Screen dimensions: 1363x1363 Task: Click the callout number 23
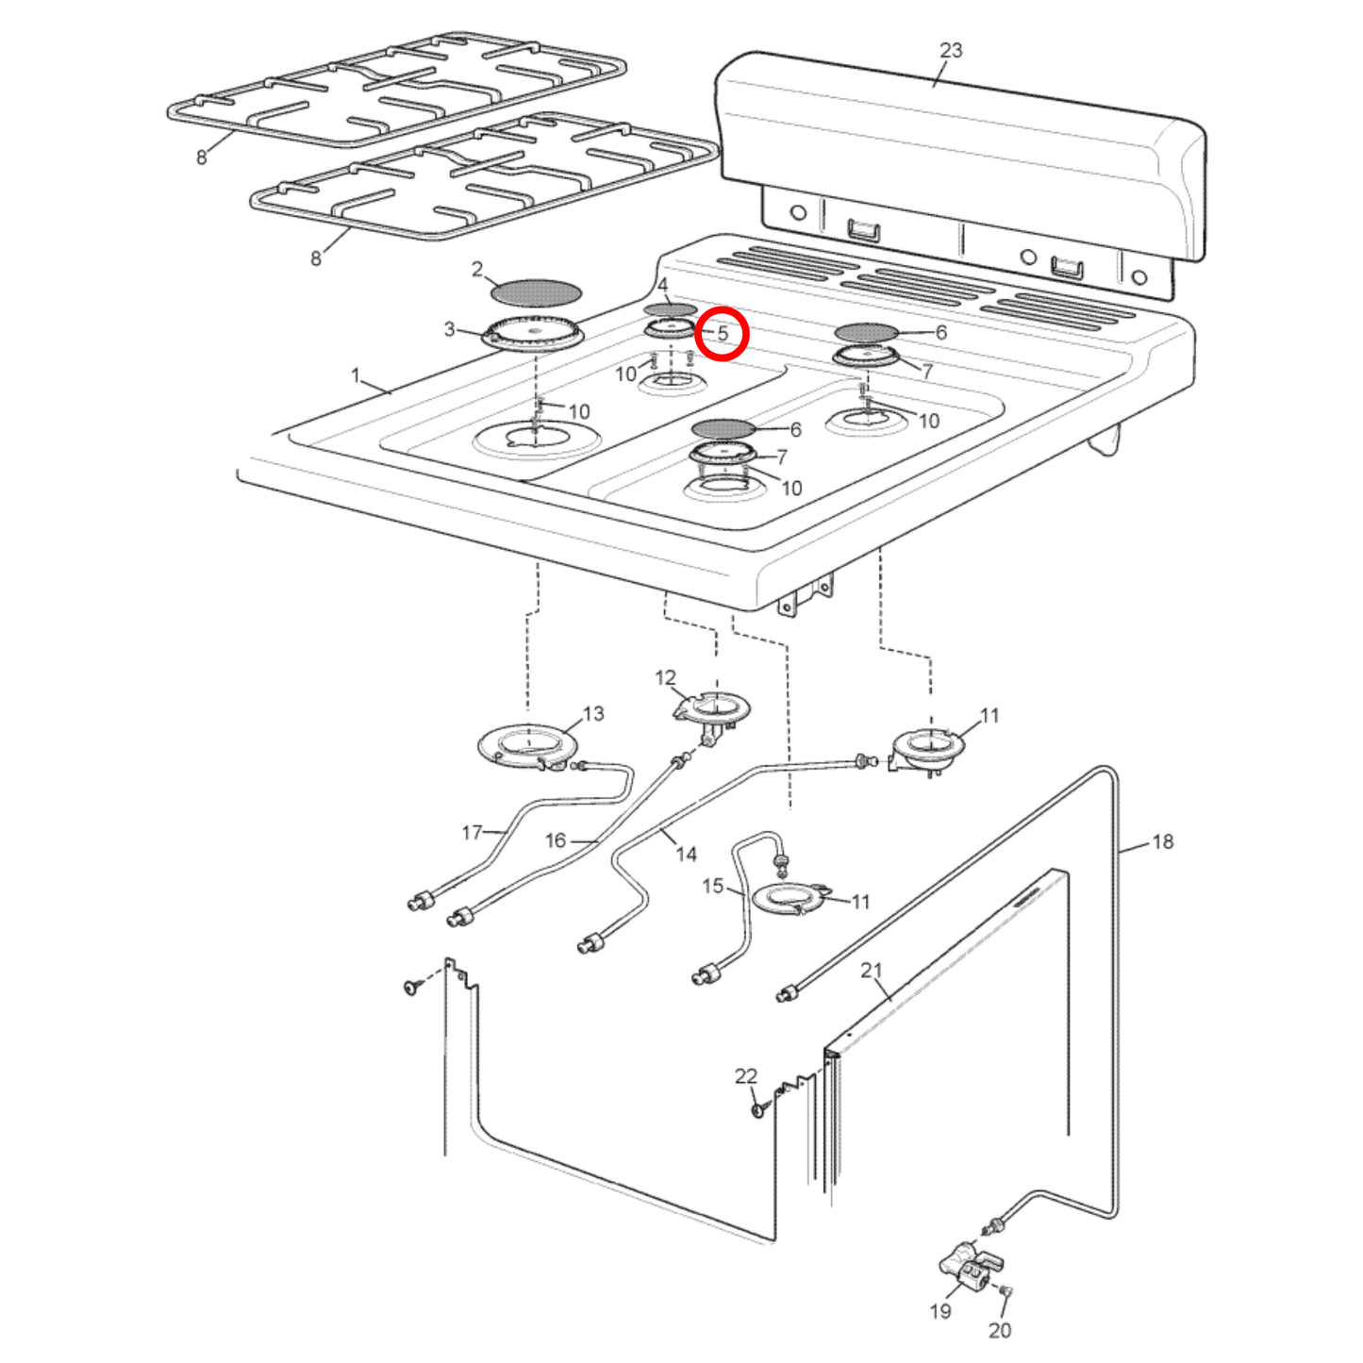point(951,50)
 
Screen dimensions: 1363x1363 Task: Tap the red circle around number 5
point(722,333)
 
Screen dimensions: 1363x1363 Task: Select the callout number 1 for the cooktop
point(356,375)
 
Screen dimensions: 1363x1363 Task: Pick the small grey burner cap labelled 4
point(670,309)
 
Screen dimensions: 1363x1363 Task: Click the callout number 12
point(665,677)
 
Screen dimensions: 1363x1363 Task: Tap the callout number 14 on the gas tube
point(686,854)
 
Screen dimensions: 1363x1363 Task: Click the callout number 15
point(713,886)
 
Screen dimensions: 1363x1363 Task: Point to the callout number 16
point(556,839)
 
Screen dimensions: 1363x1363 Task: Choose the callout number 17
point(473,832)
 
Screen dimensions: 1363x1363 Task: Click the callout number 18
point(1162,841)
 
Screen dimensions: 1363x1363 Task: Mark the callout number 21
point(871,970)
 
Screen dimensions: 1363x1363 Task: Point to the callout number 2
point(477,270)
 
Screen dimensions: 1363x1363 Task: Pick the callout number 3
point(450,329)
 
